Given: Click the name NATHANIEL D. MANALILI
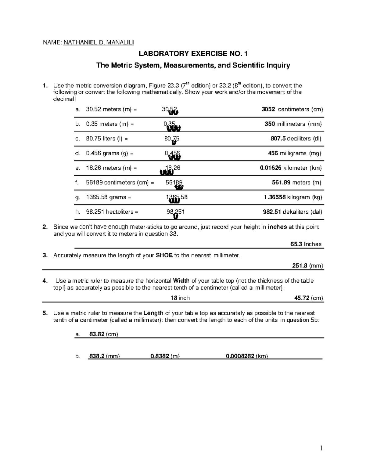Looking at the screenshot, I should [98, 42].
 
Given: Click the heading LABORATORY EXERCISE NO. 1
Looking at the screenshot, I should [193, 54].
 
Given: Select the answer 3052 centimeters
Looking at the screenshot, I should [292, 109].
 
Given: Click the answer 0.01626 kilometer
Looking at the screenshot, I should [291, 168].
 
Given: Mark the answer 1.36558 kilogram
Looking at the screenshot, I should [293, 197].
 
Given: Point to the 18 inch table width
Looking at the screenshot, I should [180, 298].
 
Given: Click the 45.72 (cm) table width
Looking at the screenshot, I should [308, 298].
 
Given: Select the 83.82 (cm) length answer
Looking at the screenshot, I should [103, 334].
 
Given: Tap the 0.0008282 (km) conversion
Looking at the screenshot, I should [247, 356].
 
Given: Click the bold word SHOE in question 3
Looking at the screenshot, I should [164, 255].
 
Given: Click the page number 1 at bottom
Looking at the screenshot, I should [321, 448].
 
